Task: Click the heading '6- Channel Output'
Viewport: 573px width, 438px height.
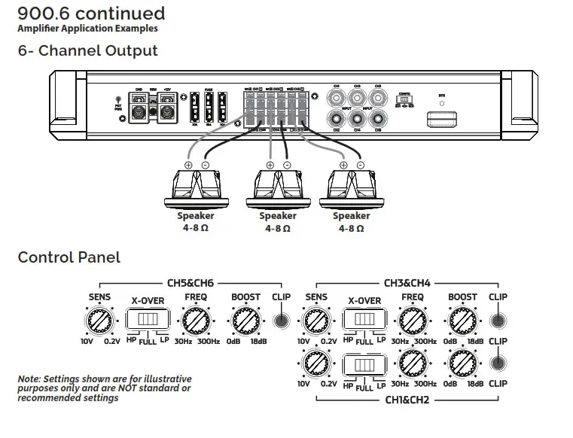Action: coord(88,51)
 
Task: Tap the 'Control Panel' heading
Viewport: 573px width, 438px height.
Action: coord(69,257)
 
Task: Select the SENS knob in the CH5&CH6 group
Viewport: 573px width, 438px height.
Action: coord(99,321)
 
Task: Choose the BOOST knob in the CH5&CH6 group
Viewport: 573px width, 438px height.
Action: coord(245,321)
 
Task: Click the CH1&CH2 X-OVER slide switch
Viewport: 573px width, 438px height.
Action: coord(364,365)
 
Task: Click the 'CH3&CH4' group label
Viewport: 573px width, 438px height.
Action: coord(407,283)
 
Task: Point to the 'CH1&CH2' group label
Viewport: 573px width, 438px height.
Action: coord(407,400)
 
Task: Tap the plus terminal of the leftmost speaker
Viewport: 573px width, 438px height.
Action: coord(187,166)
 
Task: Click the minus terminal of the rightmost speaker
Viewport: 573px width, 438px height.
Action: coord(360,166)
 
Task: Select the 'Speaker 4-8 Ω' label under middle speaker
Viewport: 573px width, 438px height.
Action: coord(278,222)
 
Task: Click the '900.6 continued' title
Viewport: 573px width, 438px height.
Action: coord(91,14)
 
